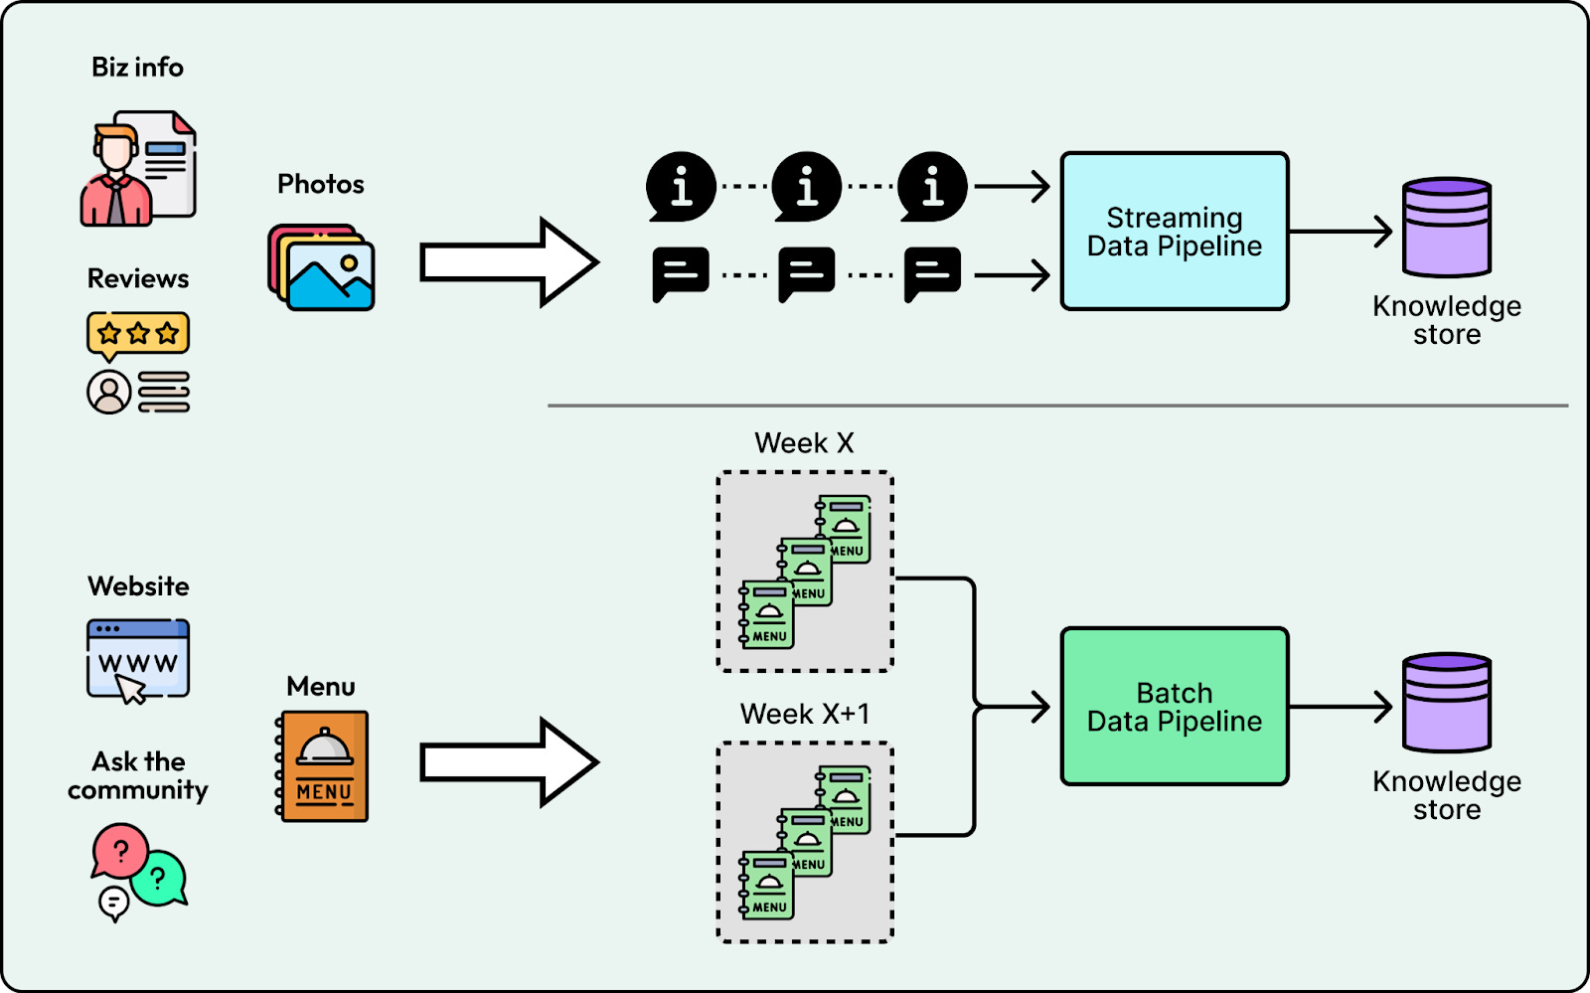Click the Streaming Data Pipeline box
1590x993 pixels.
pos(1175,232)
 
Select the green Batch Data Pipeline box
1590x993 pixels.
pos(1175,707)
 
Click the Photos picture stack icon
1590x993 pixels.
pos(322,267)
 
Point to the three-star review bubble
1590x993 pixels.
pos(138,334)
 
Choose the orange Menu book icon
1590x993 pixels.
pos(323,766)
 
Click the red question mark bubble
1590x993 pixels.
pos(120,850)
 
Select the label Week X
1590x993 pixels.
pos(804,443)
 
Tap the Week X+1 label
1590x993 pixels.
pos(804,714)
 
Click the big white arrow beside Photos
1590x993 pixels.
pos(508,262)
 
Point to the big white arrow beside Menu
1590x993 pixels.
pos(508,762)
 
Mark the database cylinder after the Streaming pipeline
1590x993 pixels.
pos(1447,228)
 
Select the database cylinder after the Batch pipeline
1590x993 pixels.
pos(1447,703)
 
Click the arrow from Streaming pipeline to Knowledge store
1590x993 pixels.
pos(1342,232)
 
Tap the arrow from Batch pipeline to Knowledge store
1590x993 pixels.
pos(1342,707)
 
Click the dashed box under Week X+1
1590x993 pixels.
pos(805,842)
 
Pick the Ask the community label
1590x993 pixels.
pos(138,775)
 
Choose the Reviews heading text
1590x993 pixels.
pos(138,278)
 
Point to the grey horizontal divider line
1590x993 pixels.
pos(1057,406)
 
